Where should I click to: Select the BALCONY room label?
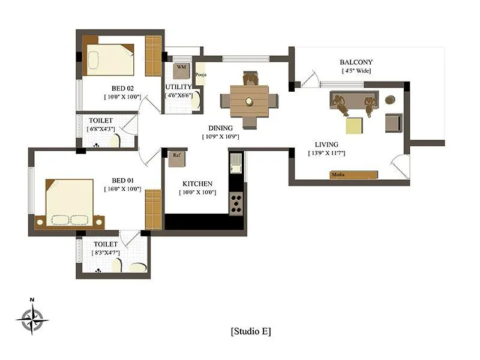click(356, 62)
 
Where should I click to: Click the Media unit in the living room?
click(354, 175)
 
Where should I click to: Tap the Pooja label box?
click(200, 74)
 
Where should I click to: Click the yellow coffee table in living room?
click(354, 125)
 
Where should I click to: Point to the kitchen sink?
click(236, 163)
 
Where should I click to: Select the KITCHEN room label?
click(197, 184)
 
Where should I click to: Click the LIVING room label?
click(326, 145)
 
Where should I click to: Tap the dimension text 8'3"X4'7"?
click(106, 253)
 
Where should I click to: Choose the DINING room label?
click(220, 128)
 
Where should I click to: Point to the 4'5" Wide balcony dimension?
click(356, 71)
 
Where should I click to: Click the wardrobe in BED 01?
click(154, 209)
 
